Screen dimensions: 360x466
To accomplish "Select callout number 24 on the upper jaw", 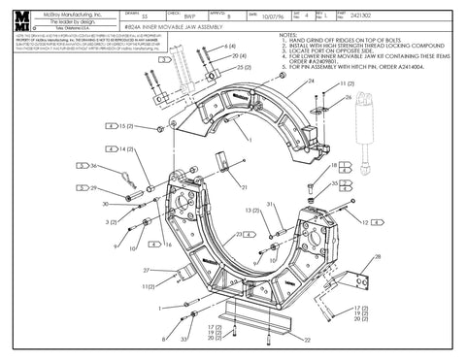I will [x=313, y=83].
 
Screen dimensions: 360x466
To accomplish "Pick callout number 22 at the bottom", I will [x=307, y=340].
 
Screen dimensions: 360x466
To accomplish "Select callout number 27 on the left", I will [x=147, y=270].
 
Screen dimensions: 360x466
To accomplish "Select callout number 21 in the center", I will [x=245, y=186].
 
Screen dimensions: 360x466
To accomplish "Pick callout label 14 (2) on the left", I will [x=126, y=149].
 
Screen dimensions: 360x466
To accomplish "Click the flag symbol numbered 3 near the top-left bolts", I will [x=166, y=58].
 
